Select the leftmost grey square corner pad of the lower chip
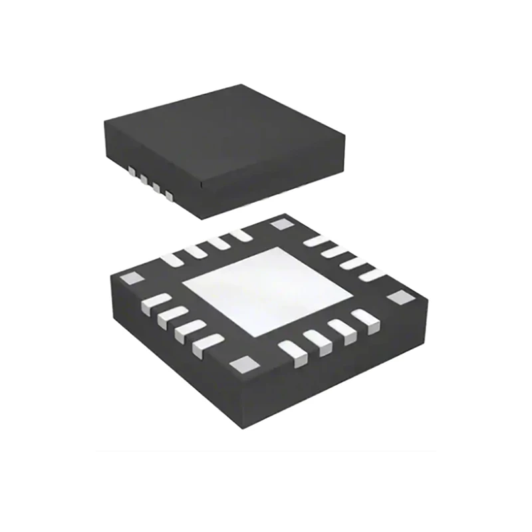pos(134,277)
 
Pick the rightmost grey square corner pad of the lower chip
pos(400,297)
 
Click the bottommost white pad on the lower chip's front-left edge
pos(202,346)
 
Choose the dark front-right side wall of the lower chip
pos(346,372)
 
